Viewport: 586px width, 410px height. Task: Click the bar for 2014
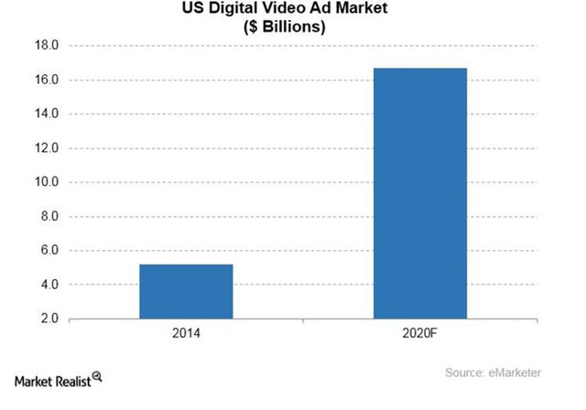tap(186, 291)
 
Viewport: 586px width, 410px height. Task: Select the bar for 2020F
tap(419, 193)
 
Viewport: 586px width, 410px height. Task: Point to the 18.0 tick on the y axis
tap(46, 46)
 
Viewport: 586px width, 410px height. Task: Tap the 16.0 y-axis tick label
tap(46, 80)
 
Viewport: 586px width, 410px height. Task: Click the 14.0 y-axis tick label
tap(46, 113)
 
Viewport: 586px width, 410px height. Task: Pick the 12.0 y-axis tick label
tap(46, 148)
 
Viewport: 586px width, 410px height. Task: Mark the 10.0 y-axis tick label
tap(46, 182)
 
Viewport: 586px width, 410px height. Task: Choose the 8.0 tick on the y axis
tap(49, 216)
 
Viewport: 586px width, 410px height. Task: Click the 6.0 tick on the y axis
tap(49, 251)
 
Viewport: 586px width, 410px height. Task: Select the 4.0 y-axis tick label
tap(49, 285)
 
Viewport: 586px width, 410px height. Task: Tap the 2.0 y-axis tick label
tap(49, 318)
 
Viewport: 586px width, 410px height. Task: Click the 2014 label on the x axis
tap(186, 336)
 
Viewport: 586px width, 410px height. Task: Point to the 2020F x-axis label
tap(420, 336)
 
